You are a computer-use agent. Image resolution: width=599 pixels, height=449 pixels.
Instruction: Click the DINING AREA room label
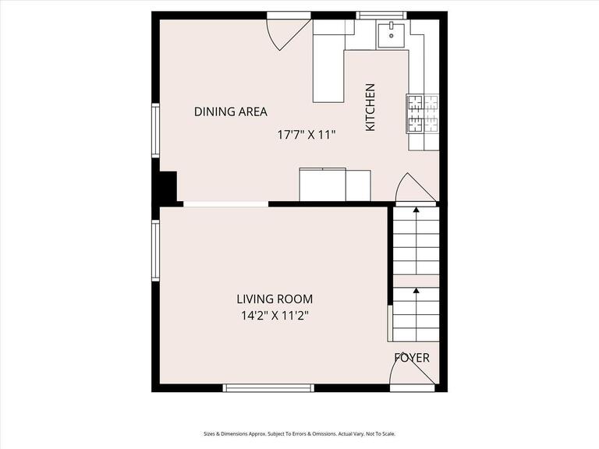point(230,112)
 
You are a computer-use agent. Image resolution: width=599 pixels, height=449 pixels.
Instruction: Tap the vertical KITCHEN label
point(370,107)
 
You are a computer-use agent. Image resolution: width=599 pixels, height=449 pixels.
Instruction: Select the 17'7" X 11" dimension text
point(307,134)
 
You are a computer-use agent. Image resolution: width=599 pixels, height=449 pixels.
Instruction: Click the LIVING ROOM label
point(275,299)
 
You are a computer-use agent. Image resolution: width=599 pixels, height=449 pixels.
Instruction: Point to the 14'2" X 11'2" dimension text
point(275,316)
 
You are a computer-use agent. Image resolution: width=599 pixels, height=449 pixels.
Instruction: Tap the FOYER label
point(412,358)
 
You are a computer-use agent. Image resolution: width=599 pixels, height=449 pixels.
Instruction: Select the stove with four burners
point(422,113)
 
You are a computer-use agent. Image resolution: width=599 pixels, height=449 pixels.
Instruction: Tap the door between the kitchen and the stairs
point(415,189)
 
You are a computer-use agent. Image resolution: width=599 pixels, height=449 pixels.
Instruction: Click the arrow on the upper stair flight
point(416,210)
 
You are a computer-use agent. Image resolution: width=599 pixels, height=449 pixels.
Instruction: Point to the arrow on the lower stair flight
point(416,291)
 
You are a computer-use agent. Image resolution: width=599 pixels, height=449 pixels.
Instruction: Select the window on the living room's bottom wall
point(268,387)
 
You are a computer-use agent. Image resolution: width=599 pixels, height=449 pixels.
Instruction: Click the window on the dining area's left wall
point(155,131)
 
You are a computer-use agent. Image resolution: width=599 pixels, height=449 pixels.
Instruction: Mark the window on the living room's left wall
point(155,249)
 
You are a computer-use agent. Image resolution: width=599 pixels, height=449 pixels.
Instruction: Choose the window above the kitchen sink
point(381,15)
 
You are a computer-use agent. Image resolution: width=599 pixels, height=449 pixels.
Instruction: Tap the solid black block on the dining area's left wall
point(166,187)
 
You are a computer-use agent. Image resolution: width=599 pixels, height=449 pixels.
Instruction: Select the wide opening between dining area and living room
point(225,204)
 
